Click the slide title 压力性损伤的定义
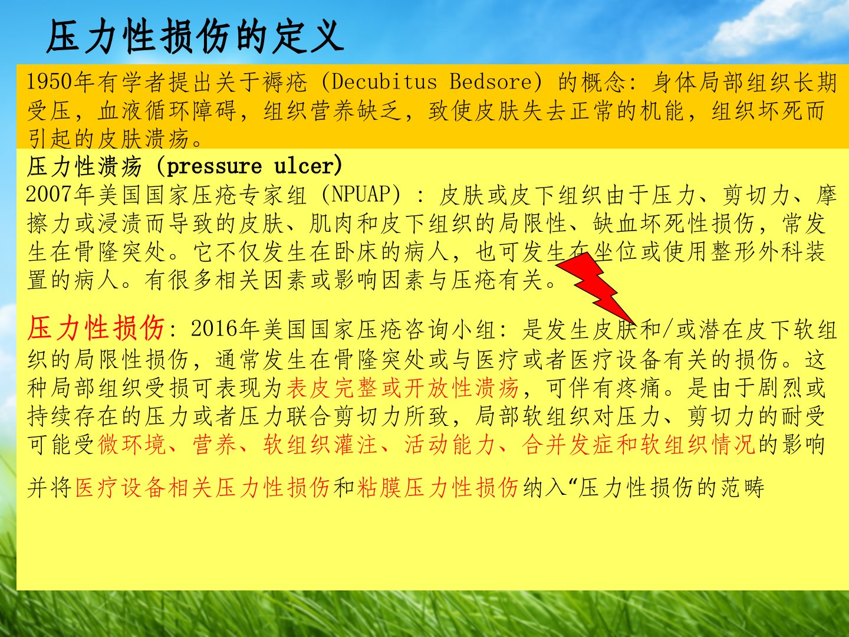pos(195,37)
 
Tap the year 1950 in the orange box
pos(50,83)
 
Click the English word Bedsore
pos(491,82)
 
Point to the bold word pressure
pos(214,167)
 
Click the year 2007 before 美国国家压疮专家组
pos(49,194)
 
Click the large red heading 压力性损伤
pos(96,328)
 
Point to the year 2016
pos(214,329)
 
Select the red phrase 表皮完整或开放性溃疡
pos(402,388)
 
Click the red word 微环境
pos(132,444)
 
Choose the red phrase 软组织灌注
pos(320,444)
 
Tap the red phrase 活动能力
pos(450,444)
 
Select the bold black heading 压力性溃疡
pos(84,167)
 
